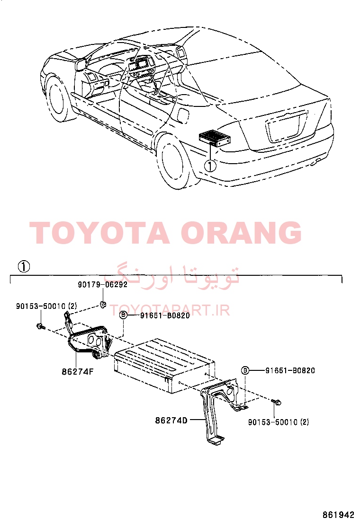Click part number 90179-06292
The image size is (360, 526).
102,284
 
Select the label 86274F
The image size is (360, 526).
78,372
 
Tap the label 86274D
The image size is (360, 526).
171,421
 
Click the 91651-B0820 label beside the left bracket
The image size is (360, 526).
165,316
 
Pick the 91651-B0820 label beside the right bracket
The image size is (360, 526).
290,370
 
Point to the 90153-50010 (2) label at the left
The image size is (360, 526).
47,306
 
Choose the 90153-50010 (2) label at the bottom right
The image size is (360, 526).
279,422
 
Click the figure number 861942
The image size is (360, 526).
339,515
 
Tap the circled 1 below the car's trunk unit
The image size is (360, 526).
211,166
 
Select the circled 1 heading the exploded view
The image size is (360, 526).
24,267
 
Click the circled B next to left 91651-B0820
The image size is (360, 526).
124,315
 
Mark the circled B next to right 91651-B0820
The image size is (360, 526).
245,370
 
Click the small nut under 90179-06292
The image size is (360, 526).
103,305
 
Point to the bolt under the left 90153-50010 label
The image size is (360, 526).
41,326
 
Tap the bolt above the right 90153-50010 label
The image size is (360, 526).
277,402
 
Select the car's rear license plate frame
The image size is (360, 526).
287,127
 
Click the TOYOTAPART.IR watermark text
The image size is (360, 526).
170,310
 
